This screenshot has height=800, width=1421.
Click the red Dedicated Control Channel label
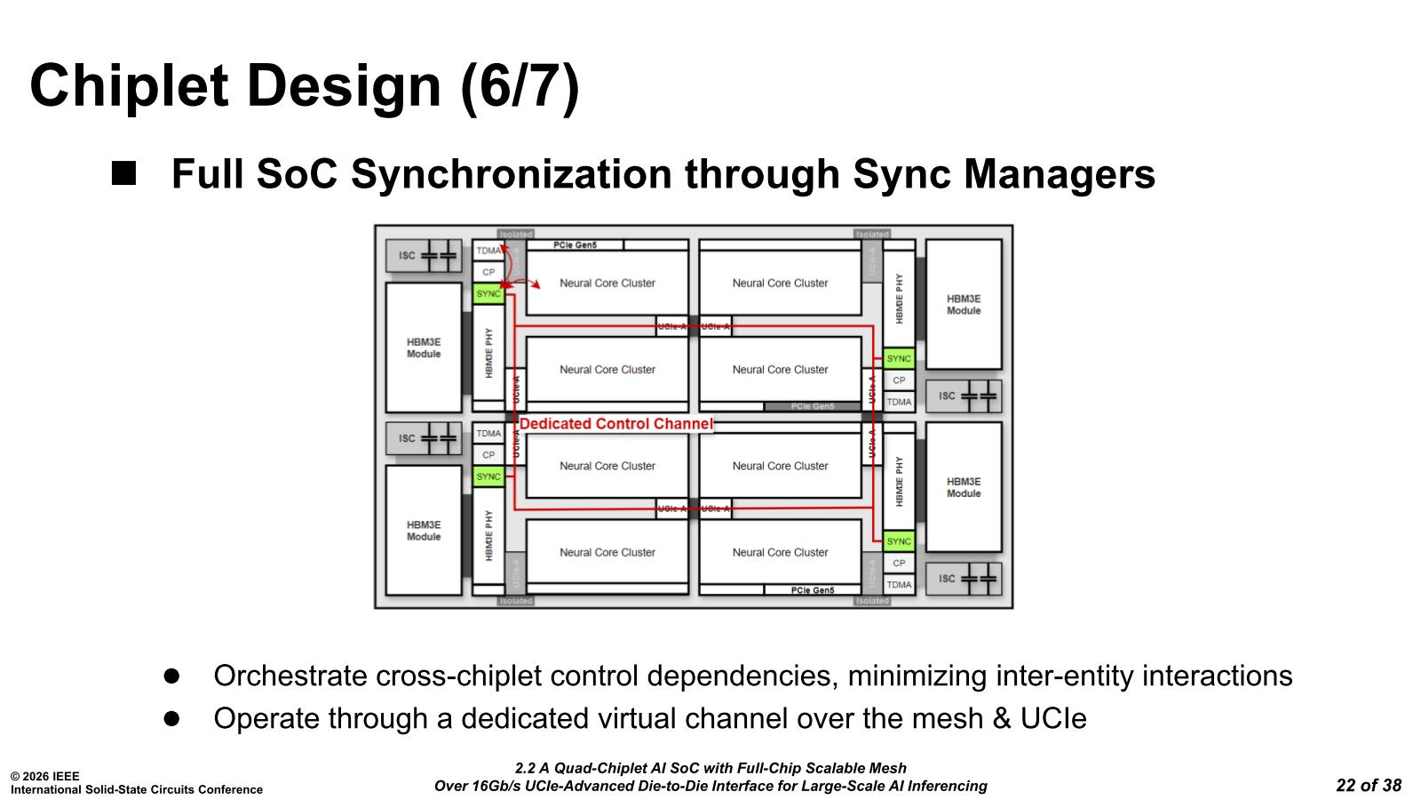(615, 424)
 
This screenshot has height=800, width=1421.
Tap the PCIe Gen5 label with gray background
(812, 406)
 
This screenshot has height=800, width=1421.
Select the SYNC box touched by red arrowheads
(488, 293)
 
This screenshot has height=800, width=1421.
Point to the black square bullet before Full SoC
(124, 172)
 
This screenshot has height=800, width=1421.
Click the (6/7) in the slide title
(520, 86)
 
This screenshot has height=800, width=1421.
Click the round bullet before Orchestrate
(171, 676)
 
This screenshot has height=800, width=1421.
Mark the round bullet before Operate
(171, 717)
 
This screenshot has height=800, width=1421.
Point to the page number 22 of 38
(1369, 785)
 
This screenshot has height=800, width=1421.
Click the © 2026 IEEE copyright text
(44, 776)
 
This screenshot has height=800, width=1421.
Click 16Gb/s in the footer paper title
(496, 786)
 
